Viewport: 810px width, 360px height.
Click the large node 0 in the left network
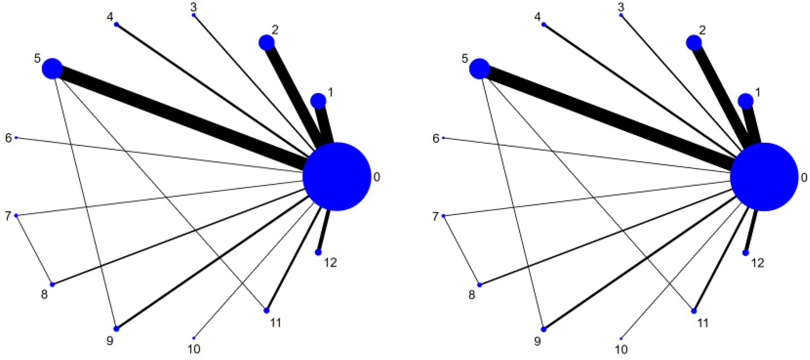click(x=337, y=177)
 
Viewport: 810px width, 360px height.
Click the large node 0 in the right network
click(x=764, y=177)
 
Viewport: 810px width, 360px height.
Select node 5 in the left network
click(x=52, y=69)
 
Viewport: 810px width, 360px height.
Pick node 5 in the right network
click(x=480, y=69)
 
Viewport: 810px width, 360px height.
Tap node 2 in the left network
click(x=267, y=43)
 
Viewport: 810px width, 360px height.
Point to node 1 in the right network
click(x=745, y=101)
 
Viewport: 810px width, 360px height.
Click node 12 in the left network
click(x=318, y=252)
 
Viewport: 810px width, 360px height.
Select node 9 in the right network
click(x=544, y=329)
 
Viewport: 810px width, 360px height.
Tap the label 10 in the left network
click(x=194, y=349)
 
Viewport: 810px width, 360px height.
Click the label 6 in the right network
click(x=436, y=138)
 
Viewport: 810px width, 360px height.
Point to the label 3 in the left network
click(x=194, y=7)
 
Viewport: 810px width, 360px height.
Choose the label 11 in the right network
click(x=703, y=323)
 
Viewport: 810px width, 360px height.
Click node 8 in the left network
click(x=52, y=284)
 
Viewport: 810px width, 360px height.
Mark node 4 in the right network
click(x=544, y=25)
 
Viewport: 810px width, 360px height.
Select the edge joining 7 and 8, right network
click(x=462, y=250)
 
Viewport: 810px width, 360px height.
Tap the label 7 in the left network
click(x=8, y=216)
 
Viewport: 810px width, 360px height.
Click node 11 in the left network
click(x=267, y=310)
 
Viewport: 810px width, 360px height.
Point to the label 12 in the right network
click(x=758, y=263)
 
